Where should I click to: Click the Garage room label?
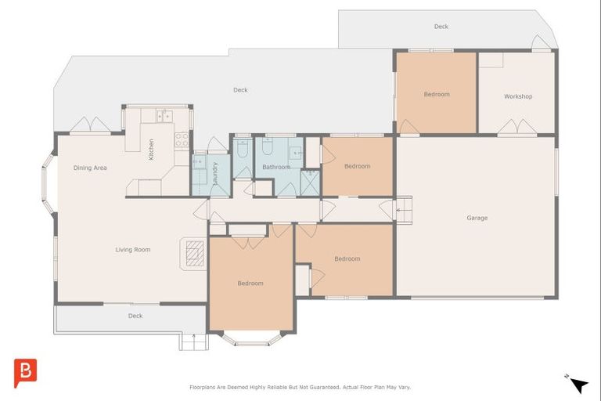477,218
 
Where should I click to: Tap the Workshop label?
518,96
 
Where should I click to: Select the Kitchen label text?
151,150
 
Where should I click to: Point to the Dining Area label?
90,168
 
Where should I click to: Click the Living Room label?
132,249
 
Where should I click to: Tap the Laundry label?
215,173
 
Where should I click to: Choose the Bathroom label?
276,167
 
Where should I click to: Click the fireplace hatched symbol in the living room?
195,253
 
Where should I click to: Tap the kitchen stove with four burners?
182,139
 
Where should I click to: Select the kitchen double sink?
164,115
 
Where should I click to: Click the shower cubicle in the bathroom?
310,183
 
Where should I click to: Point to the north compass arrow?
578,384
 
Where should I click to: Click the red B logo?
25,373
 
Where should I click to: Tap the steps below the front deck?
193,341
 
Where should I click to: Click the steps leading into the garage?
404,210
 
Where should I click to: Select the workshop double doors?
517,127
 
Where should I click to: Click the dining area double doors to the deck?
90,125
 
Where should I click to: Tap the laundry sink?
199,161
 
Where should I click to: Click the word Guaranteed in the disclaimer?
324,387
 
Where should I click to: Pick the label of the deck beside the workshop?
441,27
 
